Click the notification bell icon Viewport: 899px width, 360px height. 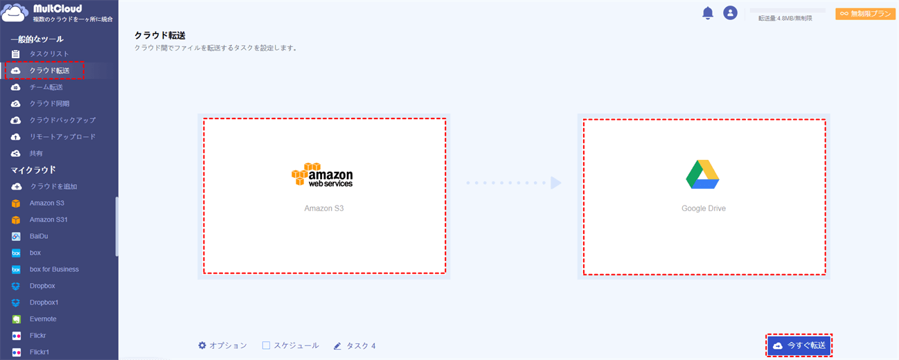(x=708, y=13)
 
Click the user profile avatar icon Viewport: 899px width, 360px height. (x=730, y=13)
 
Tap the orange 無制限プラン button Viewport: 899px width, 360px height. (x=865, y=14)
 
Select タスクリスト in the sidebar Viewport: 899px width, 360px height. (x=49, y=54)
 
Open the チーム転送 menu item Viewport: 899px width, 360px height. (x=46, y=87)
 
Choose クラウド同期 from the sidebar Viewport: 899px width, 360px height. (x=49, y=104)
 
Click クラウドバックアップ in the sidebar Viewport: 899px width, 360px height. (x=62, y=120)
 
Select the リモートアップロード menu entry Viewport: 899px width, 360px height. (x=62, y=136)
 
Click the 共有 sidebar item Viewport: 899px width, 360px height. (x=36, y=153)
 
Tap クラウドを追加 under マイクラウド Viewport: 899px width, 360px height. (x=53, y=186)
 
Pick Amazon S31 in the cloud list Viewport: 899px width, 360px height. (x=48, y=219)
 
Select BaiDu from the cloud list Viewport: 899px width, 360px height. (x=39, y=236)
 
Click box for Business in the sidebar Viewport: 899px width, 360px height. (x=54, y=269)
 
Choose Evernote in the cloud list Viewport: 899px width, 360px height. (x=42, y=319)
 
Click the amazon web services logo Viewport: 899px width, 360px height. (x=322, y=175)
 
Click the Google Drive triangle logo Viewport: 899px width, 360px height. (x=702, y=174)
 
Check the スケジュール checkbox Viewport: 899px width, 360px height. (x=266, y=345)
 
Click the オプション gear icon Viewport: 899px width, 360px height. (x=202, y=345)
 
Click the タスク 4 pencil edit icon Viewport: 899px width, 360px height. (x=337, y=346)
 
